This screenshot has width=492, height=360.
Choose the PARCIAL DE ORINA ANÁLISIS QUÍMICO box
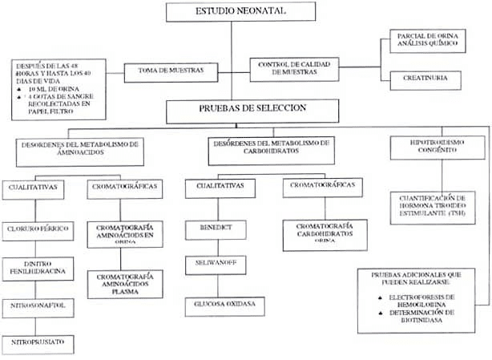click(x=431, y=41)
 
